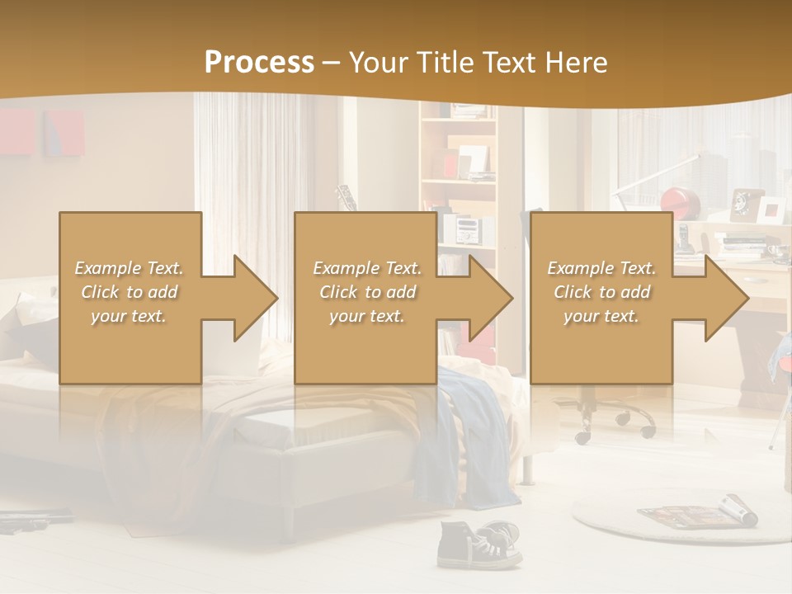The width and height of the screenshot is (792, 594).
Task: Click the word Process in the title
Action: coord(259,63)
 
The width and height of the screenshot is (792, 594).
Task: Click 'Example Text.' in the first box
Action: coord(130,268)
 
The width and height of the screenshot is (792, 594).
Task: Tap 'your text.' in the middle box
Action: coord(366,316)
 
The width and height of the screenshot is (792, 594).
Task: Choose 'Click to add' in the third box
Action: coord(601,292)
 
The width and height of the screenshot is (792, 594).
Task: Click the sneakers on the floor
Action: coord(478,544)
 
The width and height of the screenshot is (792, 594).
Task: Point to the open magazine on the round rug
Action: coord(697,513)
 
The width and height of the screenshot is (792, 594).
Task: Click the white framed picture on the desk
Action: coord(771,210)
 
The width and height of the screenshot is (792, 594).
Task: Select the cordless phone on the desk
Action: coord(683,237)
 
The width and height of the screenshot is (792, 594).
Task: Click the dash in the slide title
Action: coord(332,63)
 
